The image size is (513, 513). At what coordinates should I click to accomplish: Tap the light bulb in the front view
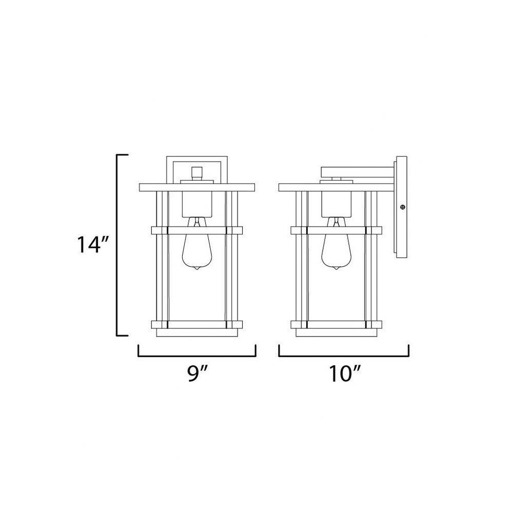(x=196, y=244)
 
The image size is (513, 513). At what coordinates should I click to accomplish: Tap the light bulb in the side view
(x=336, y=244)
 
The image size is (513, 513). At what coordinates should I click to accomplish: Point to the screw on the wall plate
(x=403, y=207)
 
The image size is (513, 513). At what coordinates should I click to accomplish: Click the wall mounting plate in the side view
(x=402, y=207)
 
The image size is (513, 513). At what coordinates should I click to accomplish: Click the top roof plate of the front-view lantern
(x=197, y=187)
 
